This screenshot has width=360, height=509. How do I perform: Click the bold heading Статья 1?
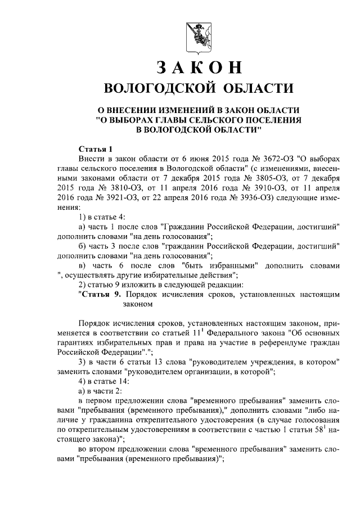pos(96,149)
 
